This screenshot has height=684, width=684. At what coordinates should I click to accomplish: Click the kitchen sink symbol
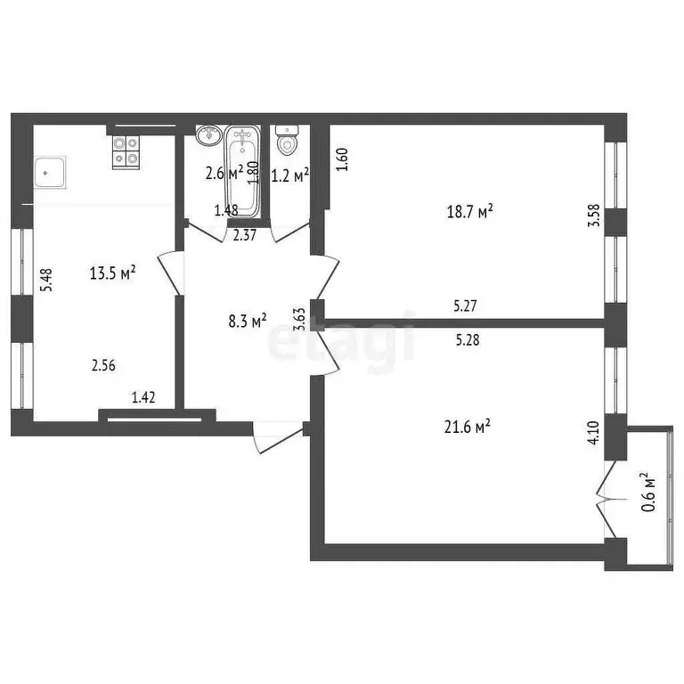coord(49,172)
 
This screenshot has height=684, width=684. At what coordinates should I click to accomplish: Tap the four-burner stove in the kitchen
coord(126,151)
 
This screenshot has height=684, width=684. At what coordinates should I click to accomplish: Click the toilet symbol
coord(288,141)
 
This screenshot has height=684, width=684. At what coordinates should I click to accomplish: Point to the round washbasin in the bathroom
coord(209,136)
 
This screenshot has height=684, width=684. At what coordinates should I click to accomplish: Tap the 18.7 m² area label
coord(469,211)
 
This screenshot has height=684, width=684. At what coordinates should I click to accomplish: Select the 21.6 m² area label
coord(468,428)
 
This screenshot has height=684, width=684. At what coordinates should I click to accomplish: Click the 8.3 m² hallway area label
coord(247,321)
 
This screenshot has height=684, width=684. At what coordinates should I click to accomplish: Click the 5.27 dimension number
coord(465,305)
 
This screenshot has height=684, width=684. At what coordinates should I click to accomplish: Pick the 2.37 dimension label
coord(245,236)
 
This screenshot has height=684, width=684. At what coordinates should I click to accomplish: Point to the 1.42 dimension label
coord(143,398)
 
